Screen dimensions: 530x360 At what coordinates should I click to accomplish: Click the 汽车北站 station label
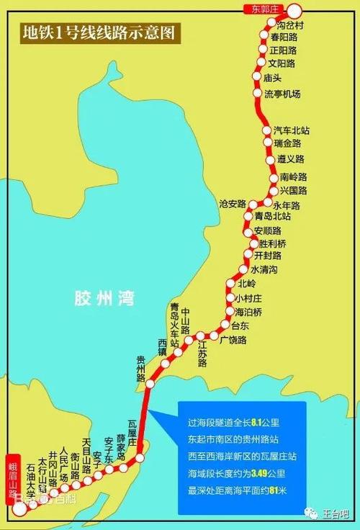pyautogui.click(x=292, y=130)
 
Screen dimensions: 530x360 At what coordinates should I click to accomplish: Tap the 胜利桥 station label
pyautogui.click(x=272, y=243)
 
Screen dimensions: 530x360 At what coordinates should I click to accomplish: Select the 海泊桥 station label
pyautogui.click(x=248, y=311)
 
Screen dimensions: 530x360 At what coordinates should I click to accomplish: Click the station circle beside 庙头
pyautogui.click(x=256, y=77)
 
